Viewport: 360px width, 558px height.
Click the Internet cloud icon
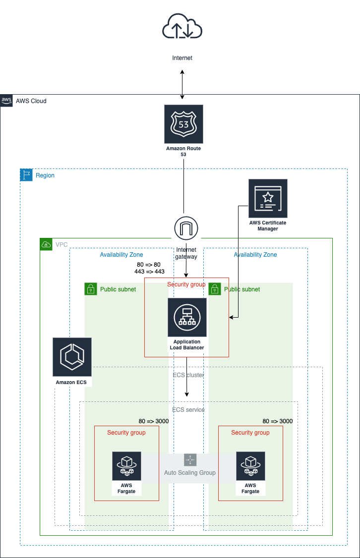(182, 27)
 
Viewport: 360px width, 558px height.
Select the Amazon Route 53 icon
(183, 124)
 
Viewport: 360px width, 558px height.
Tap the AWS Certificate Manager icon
(268, 199)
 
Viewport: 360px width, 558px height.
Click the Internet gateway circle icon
(186, 228)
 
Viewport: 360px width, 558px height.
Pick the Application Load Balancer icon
(187, 317)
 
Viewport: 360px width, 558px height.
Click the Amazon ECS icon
(72, 357)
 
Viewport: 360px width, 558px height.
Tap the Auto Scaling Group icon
(190, 460)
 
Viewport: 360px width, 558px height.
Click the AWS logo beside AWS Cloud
(6, 101)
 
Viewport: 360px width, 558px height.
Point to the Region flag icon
(26, 175)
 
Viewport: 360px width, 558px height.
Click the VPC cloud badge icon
(46, 244)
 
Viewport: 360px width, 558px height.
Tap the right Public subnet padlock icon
(214, 289)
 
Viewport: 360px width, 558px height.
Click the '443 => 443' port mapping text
(149, 272)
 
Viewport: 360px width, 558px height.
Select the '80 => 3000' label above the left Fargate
(154, 421)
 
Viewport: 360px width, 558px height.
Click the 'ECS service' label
(188, 410)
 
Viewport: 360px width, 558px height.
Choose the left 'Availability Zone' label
(121, 255)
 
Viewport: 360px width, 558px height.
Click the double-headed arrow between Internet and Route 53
(182, 84)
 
